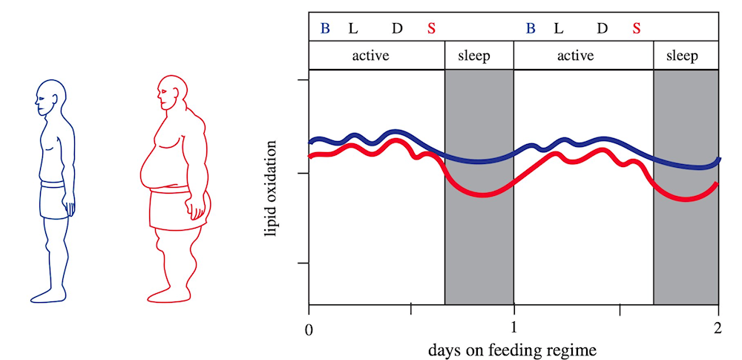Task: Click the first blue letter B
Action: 325,29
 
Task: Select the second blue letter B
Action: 531,29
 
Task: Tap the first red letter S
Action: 432,29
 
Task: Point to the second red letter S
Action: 637,29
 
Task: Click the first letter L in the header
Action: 353,29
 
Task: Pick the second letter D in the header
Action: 603,29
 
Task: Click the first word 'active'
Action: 370,56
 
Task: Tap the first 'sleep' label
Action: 474,56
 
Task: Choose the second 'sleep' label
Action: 681,56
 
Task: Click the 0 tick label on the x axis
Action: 309,327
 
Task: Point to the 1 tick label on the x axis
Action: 513,327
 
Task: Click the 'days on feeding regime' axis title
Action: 513,347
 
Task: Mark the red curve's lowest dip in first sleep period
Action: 483,194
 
